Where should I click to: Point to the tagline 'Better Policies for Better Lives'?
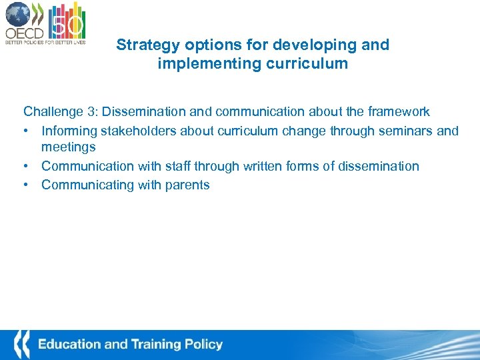[45, 42]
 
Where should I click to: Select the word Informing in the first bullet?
[68, 131]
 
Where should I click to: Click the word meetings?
[68, 147]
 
